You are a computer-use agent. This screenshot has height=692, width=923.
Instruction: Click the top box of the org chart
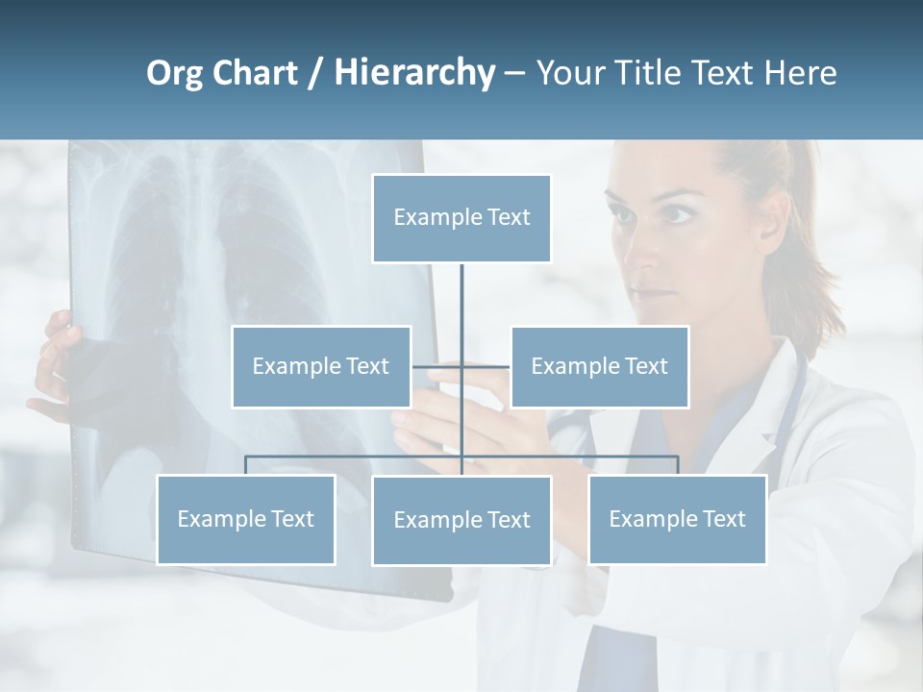pyautogui.click(x=461, y=218)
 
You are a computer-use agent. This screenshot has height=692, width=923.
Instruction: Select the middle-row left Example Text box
pyautogui.click(x=321, y=366)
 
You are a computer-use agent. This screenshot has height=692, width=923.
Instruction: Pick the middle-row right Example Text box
pyautogui.click(x=599, y=366)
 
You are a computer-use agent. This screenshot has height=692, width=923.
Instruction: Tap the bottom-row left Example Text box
pyautogui.click(x=246, y=519)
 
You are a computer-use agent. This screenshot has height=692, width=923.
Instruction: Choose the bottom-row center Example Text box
pyautogui.click(x=461, y=520)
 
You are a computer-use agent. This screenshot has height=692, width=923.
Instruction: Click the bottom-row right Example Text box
pyautogui.click(x=677, y=519)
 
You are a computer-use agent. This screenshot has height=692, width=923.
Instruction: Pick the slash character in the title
pyautogui.click(x=315, y=73)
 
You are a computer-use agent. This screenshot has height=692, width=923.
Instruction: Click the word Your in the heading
pyautogui.click(x=570, y=73)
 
